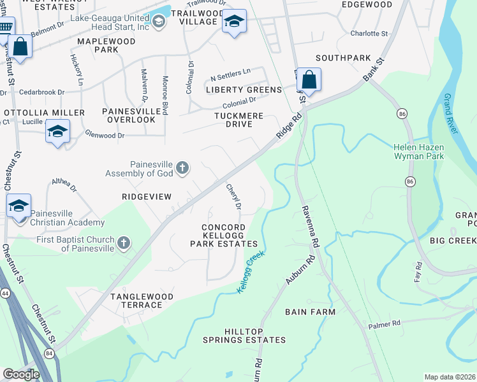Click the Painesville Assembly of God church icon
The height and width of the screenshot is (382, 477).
[182, 167]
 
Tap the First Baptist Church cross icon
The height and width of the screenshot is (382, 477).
[124, 243]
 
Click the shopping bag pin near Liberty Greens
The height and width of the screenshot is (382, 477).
[309, 80]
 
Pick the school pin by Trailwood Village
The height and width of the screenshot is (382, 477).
[234, 22]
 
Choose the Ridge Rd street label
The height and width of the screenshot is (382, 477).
[288, 128]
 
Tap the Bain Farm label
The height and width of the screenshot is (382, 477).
[310, 311]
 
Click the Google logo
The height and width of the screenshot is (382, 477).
[21, 374]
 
